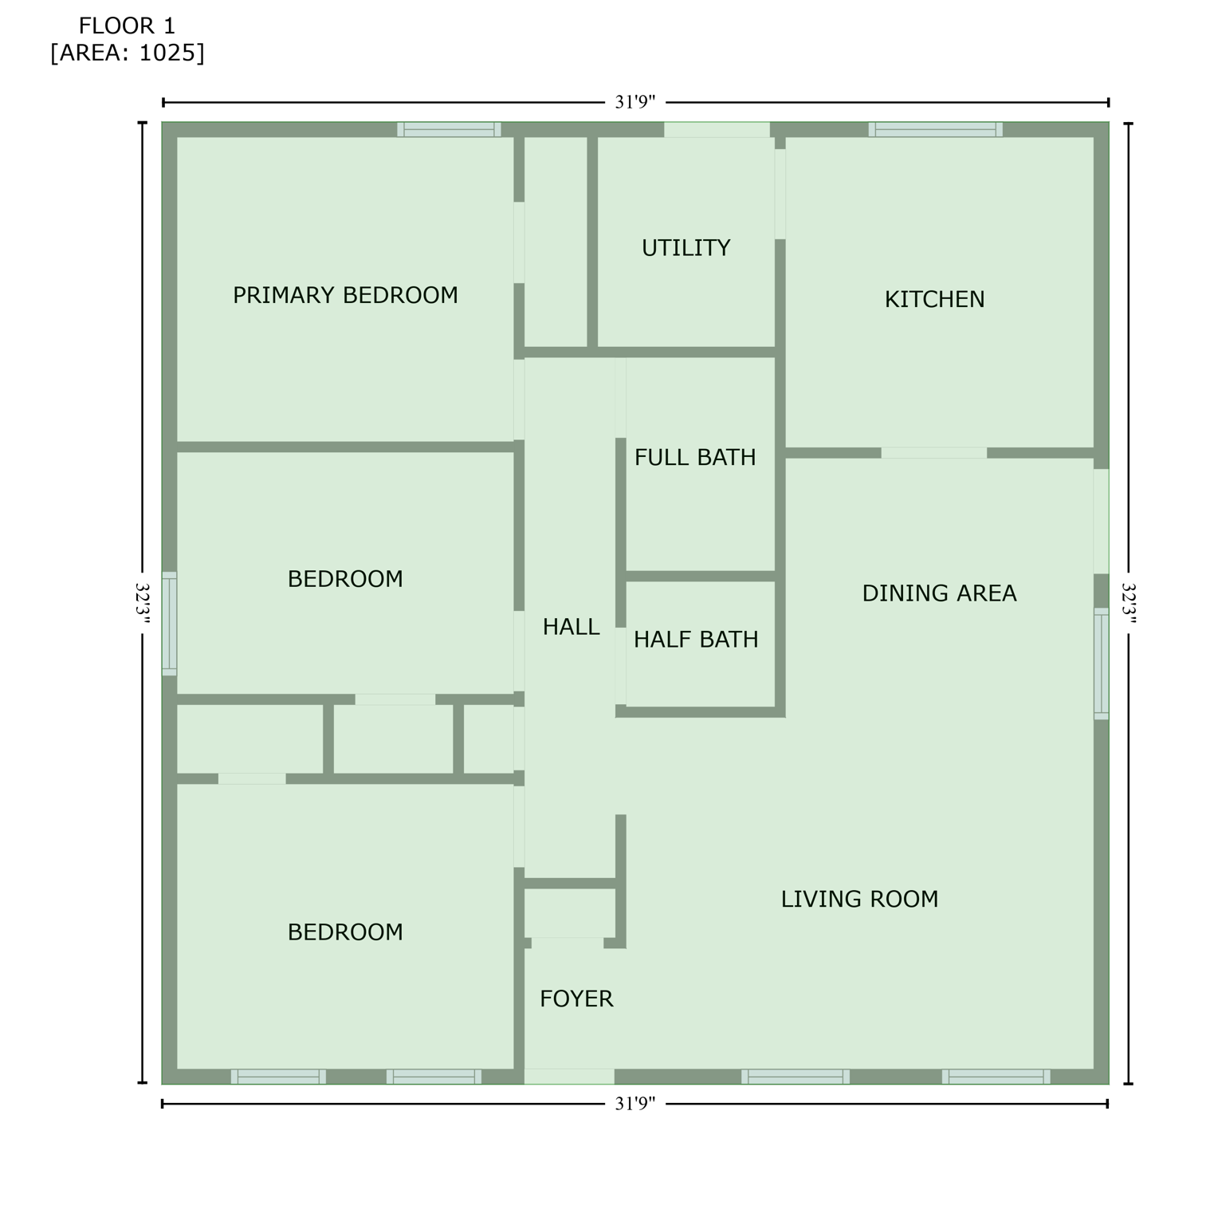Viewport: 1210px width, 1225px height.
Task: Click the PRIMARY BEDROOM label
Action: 345,296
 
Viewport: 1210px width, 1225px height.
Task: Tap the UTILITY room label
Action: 686,248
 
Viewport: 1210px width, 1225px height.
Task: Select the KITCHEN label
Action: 934,300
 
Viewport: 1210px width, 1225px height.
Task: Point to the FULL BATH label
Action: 695,458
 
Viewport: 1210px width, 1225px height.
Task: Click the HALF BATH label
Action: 696,640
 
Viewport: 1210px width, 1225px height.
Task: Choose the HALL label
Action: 571,628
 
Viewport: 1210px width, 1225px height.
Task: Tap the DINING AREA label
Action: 939,593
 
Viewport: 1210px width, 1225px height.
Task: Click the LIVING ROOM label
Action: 859,900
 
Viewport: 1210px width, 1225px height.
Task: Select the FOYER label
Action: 576,999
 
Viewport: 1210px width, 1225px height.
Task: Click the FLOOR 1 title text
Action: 127,26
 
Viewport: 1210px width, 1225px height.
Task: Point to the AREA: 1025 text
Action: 128,53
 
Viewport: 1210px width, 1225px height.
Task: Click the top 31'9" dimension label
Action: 635,102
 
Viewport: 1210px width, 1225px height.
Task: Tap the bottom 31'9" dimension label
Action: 635,1104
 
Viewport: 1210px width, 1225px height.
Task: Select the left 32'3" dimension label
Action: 143,606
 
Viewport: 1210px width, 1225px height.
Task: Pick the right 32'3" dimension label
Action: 1129,606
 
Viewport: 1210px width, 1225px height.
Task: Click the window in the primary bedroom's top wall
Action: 449,129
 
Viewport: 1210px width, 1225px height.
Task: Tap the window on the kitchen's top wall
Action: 935,129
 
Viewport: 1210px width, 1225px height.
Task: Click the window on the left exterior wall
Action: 169,624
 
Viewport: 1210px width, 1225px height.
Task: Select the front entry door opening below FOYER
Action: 569,1077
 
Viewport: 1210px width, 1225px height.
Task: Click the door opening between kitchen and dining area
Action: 933,453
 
